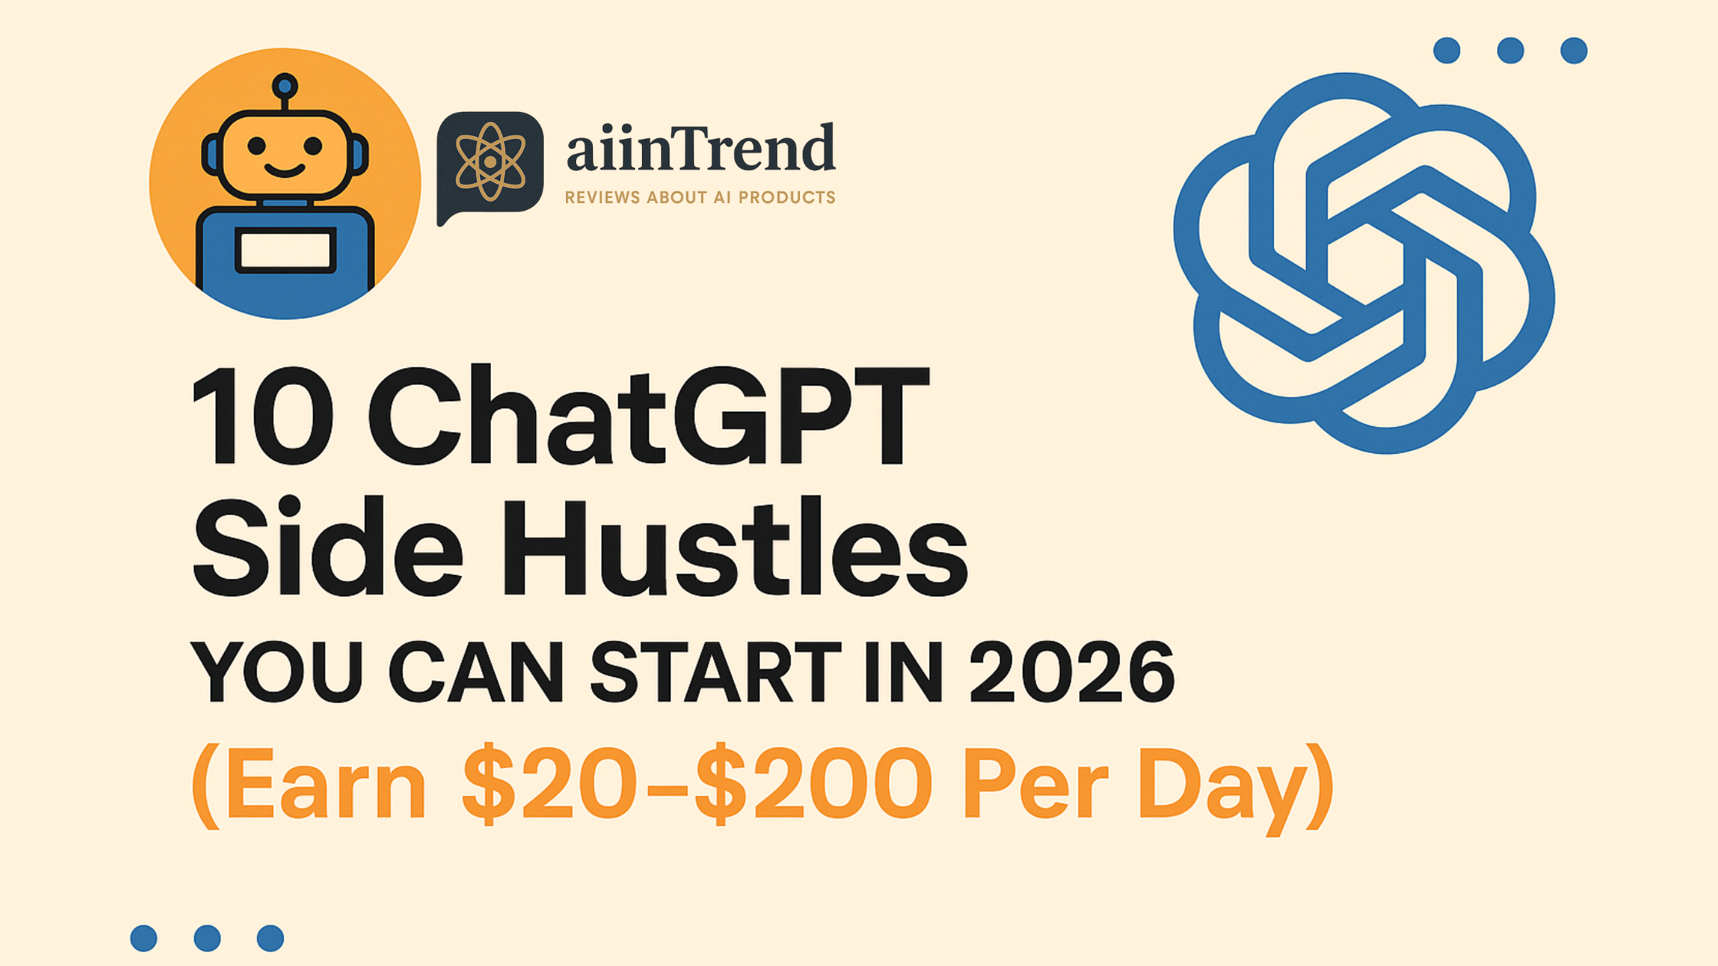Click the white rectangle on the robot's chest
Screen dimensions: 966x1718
click(x=285, y=250)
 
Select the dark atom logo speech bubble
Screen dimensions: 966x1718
click(x=490, y=163)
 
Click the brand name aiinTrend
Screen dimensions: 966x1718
click(x=700, y=148)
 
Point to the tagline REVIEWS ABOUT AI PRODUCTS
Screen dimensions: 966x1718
click(x=699, y=198)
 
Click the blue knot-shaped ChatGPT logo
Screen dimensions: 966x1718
click(x=1364, y=263)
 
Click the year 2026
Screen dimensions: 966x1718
click(x=1071, y=672)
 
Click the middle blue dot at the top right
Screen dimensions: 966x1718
click(x=1510, y=51)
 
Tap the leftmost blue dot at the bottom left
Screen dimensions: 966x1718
click(x=143, y=938)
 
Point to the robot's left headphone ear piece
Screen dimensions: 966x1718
click(x=211, y=154)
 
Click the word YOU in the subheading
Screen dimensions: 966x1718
click(x=276, y=672)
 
